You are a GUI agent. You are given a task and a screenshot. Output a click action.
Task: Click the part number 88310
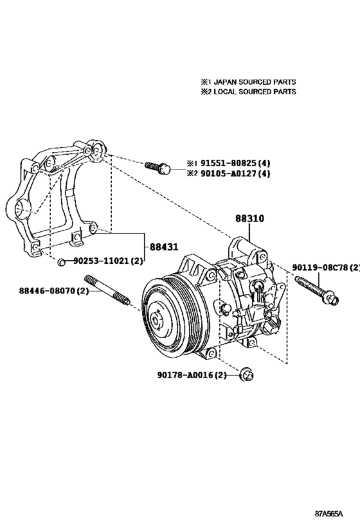[248, 219]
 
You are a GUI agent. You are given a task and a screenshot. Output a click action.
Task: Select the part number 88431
[164, 246]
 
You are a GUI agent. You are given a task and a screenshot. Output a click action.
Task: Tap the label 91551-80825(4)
[233, 163]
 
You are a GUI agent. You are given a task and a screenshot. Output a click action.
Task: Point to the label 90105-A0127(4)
[233, 173]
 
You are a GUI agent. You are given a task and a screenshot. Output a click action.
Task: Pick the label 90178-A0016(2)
[192, 375]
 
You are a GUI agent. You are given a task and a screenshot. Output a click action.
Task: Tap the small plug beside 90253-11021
[61, 261]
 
